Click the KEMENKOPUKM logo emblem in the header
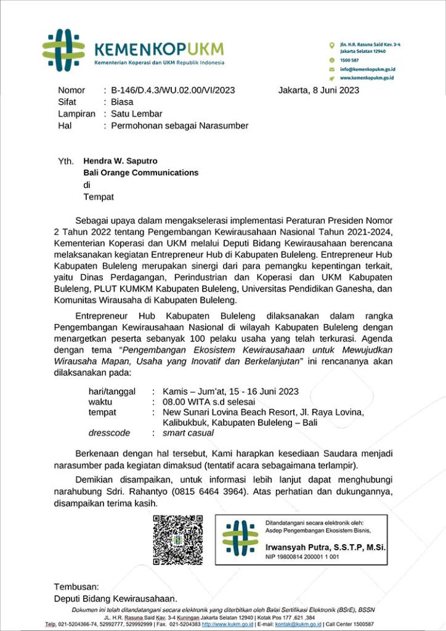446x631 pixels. click(63, 49)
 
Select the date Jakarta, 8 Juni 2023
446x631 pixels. click(318, 90)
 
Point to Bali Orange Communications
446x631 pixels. click(141, 173)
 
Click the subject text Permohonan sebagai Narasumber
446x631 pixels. click(179, 126)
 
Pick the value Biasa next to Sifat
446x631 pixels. click(122, 102)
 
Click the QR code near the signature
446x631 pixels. click(178, 540)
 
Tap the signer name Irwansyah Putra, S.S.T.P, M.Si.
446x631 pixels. click(317, 547)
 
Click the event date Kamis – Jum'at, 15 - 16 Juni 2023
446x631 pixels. click(230, 391)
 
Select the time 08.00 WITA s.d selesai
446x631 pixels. click(209, 402)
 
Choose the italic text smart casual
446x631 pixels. click(189, 433)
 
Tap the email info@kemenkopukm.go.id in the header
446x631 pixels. click(367, 69)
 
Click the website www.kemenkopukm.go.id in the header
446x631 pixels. click(367, 78)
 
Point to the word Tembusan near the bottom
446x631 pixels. click(76, 587)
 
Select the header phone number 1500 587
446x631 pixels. click(350, 60)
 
